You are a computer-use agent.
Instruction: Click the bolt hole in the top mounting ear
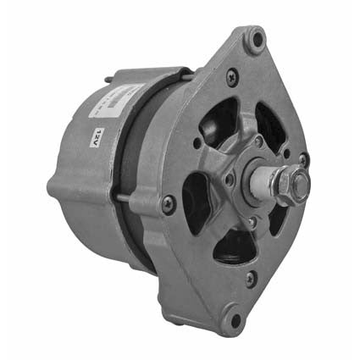pos(256,39)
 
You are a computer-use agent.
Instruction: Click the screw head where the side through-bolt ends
pos(169,202)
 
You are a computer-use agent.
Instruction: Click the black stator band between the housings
pos(144,169)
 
